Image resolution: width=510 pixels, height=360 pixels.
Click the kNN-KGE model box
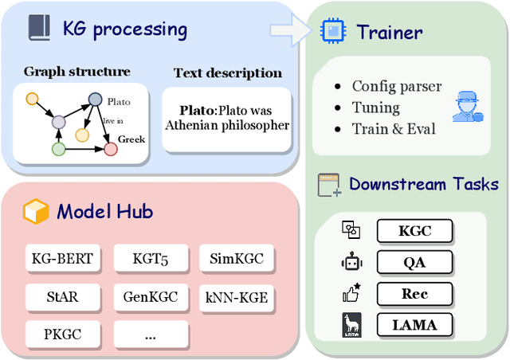237,297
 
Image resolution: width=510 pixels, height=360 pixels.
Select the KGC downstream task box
414,232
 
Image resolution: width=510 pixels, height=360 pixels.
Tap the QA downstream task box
414,262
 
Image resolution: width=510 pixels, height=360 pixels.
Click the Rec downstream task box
414,293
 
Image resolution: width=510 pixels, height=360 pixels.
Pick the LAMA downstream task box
414,324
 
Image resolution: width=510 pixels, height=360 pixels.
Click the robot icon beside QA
351,262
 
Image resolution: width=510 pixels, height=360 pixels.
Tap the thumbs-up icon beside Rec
351,293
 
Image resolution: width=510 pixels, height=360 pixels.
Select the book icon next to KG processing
39,30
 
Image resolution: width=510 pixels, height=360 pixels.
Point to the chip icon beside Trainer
331,32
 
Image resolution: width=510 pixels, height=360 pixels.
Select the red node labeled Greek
111,148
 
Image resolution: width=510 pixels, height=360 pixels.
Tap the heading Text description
227,73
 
